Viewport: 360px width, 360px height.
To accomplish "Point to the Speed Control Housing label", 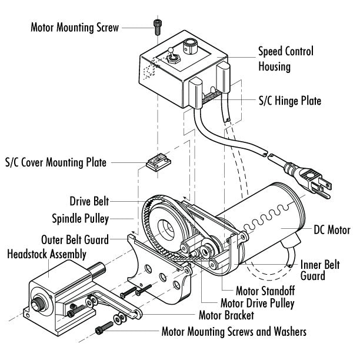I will point(285,59).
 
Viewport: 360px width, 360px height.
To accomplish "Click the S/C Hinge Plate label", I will point(291,101).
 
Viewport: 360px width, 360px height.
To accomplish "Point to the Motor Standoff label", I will point(265,290).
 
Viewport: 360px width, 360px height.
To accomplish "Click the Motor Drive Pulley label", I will point(256,304).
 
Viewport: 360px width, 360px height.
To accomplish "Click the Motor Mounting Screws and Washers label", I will point(234,332).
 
